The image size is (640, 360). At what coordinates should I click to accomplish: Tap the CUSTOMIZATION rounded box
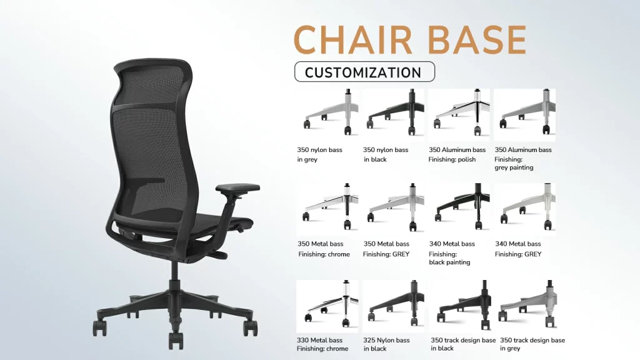tap(364, 72)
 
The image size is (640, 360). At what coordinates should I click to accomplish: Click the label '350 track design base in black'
tap(462, 344)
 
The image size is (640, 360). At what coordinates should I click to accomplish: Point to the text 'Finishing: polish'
tap(452, 159)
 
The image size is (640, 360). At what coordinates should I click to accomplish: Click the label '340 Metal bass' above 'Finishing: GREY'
tap(518, 244)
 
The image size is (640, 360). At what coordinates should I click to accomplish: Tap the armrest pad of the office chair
tap(238, 187)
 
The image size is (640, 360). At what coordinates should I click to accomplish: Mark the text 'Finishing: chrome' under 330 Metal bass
tap(322, 349)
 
